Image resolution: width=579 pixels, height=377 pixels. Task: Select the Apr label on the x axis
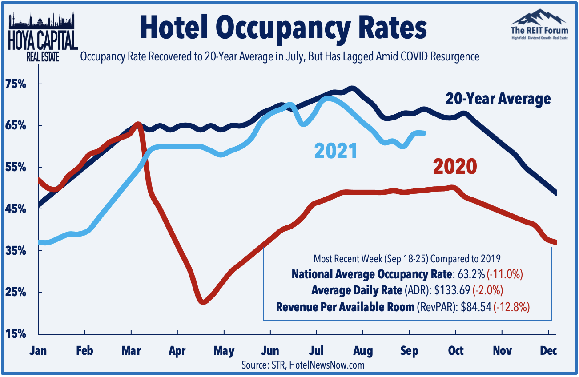(x=177, y=351)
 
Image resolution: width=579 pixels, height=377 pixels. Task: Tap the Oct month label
(x=456, y=351)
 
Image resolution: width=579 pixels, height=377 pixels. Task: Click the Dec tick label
(x=549, y=351)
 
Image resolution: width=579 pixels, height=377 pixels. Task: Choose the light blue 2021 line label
(x=336, y=151)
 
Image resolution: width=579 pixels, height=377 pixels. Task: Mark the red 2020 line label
(x=454, y=167)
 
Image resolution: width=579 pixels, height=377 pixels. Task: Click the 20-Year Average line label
(x=498, y=99)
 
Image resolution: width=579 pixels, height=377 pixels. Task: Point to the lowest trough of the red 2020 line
(x=203, y=301)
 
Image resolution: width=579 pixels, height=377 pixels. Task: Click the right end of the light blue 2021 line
(x=424, y=133)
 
